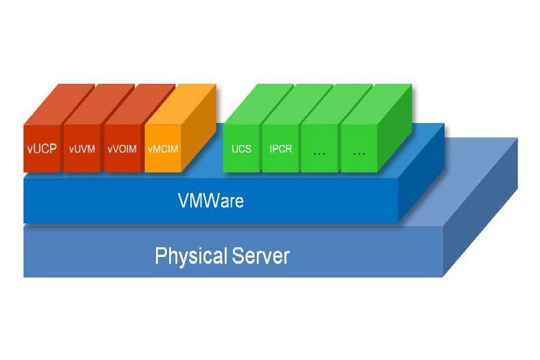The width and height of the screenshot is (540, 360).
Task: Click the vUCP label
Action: tap(43, 148)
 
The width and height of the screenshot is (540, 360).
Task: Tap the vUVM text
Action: tap(82, 148)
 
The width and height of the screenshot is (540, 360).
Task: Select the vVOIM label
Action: tap(122, 148)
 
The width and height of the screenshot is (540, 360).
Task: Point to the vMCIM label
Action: tap(164, 148)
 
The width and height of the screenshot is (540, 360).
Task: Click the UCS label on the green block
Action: tap(241, 148)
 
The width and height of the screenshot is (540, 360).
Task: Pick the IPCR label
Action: tap(281, 148)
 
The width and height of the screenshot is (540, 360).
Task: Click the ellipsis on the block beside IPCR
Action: tap(319, 153)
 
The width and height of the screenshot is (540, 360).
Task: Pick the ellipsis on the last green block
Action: tap(359, 153)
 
